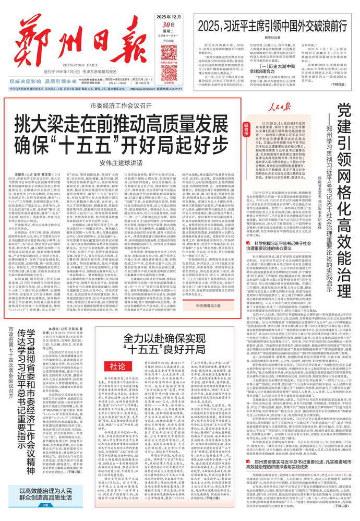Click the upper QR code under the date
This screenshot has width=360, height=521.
(x=169, y=52)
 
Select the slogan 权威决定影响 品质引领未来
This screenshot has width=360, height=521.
(x=45, y=81)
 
